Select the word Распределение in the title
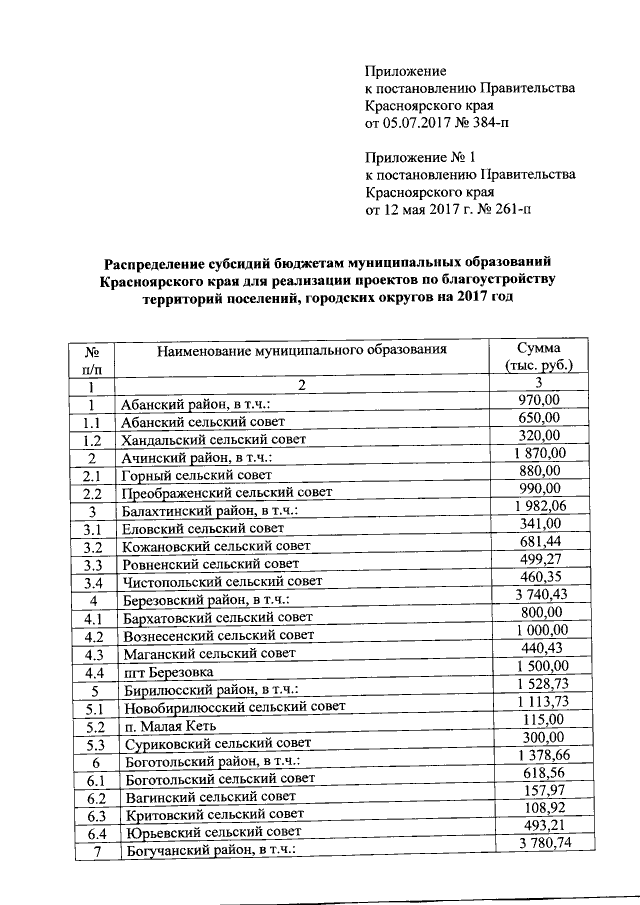162,263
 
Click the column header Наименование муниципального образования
299,350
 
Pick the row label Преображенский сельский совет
226,492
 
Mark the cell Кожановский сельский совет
215,547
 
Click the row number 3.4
94,582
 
